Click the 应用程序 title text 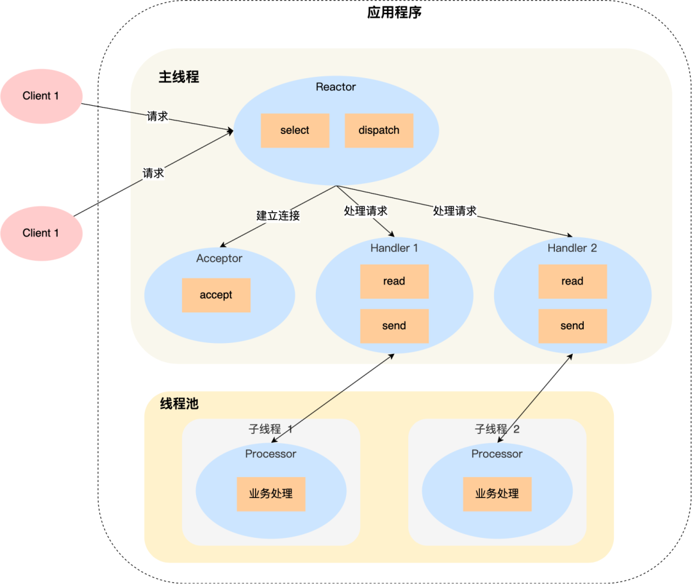click(x=394, y=13)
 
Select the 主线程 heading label click(x=179, y=78)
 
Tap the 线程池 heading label click(x=179, y=404)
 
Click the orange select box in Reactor click(x=295, y=131)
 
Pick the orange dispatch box click(x=379, y=131)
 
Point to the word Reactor click(x=336, y=87)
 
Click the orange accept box click(x=216, y=296)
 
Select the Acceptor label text click(x=219, y=258)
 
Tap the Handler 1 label click(x=394, y=248)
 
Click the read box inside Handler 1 click(x=394, y=281)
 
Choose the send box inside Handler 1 click(x=394, y=326)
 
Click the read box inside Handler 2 click(x=572, y=281)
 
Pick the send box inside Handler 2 click(x=572, y=326)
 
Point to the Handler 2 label click(x=572, y=248)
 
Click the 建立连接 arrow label click(x=278, y=215)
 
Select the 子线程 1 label click(x=270, y=430)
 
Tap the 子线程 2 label click(x=497, y=430)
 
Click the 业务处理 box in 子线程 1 click(x=271, y=494)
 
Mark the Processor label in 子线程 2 click(x=497, y=454)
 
